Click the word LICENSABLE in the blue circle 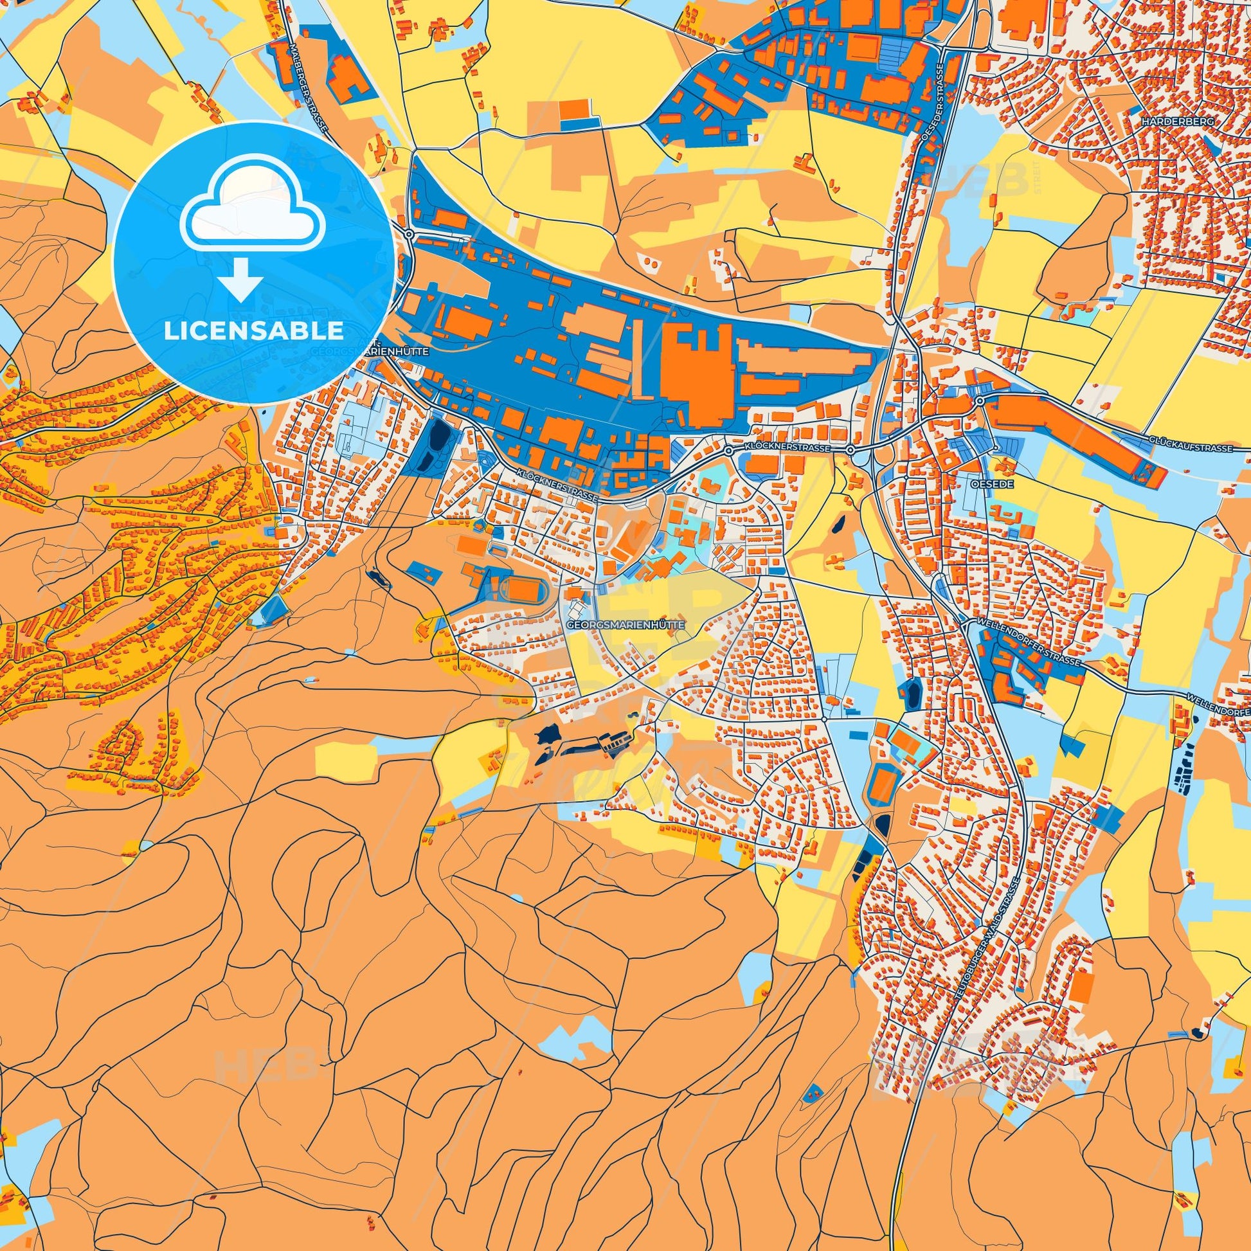pyautogui.click(x=253, y=331)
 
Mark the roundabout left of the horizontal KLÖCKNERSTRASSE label pyautogui.click(x=728, y=449)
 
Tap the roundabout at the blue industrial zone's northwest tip pyautogui.click(x=410, y=234)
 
